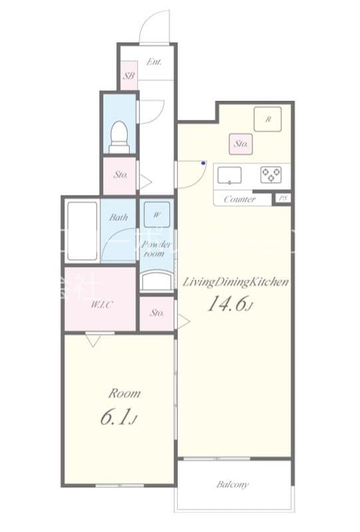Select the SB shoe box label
128,76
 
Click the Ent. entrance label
154,63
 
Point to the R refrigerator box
268,120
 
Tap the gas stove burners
271,174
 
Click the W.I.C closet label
100,305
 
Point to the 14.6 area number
231,305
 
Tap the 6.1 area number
119,417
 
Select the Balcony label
233,484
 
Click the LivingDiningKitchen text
235,282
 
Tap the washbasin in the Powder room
156,280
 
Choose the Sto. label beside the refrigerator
240,143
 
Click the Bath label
119,217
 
